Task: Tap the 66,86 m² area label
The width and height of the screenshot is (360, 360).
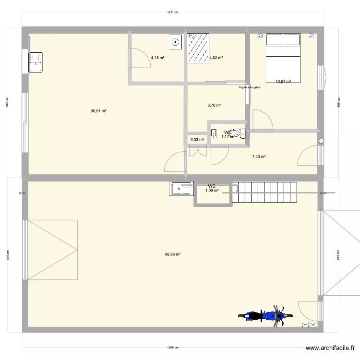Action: click(x=173, y=254)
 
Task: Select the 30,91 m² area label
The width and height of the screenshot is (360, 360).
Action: click(x=98, y=111)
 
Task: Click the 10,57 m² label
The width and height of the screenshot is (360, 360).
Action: click(x=283, y=82)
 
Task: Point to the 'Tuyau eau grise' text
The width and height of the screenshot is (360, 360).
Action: click(x=249, y=87)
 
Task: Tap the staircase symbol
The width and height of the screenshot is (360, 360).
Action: click(x=264, y=193)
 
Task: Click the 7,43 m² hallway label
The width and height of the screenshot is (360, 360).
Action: click(x=259, y=156)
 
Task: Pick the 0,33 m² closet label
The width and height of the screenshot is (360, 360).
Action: click(x=197, y=140)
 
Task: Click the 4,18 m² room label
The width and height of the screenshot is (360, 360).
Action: click(x=157, y=58)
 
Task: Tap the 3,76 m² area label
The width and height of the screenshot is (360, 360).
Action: click(x=214, y=105)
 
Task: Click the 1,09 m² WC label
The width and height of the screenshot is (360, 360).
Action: click(x=212, y=191)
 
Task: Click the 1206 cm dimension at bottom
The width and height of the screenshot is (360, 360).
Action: click(x=173, y=348)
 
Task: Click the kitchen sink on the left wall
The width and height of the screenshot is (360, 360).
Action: click(x=35, y=61)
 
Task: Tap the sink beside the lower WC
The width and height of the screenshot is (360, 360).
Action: click(x=181, y=188)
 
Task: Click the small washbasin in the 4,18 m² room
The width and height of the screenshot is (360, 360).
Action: click(x=175, y=42)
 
